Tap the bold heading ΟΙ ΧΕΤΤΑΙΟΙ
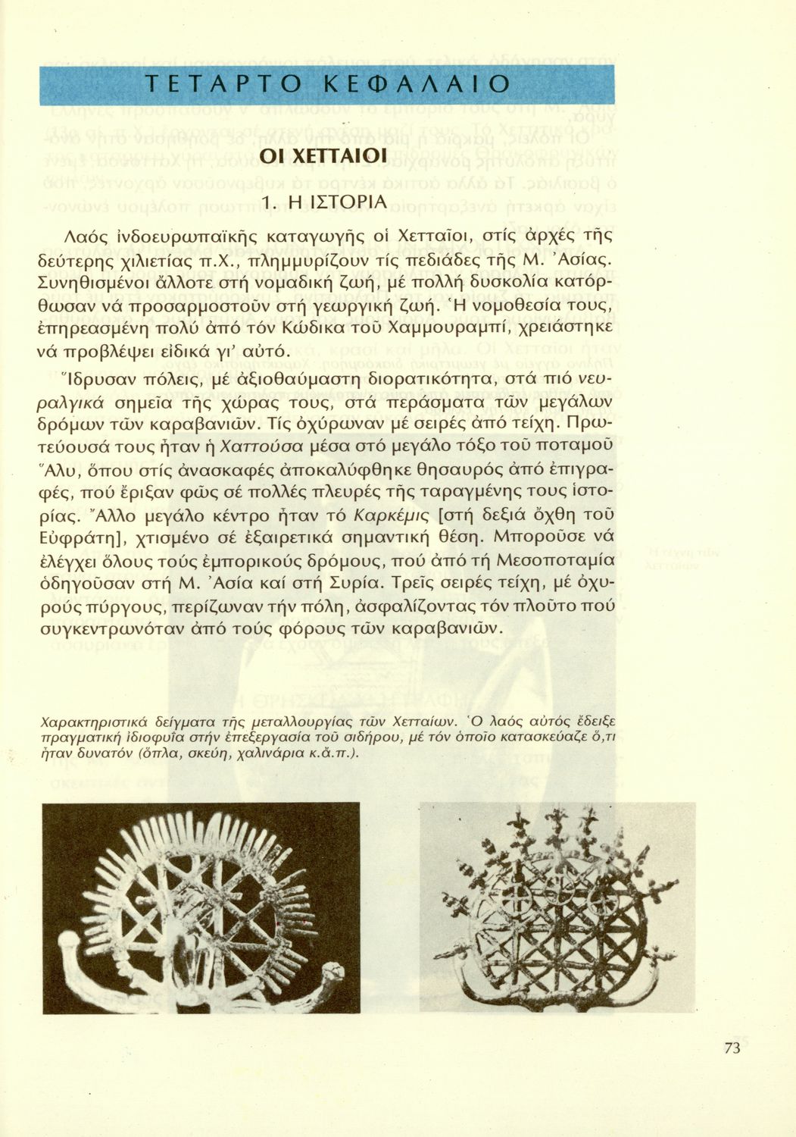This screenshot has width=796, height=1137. point(324,157)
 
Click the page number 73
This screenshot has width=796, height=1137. point(732,1048)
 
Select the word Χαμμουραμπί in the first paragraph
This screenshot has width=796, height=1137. point(450,329)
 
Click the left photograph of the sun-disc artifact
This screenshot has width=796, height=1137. point(201,907)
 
